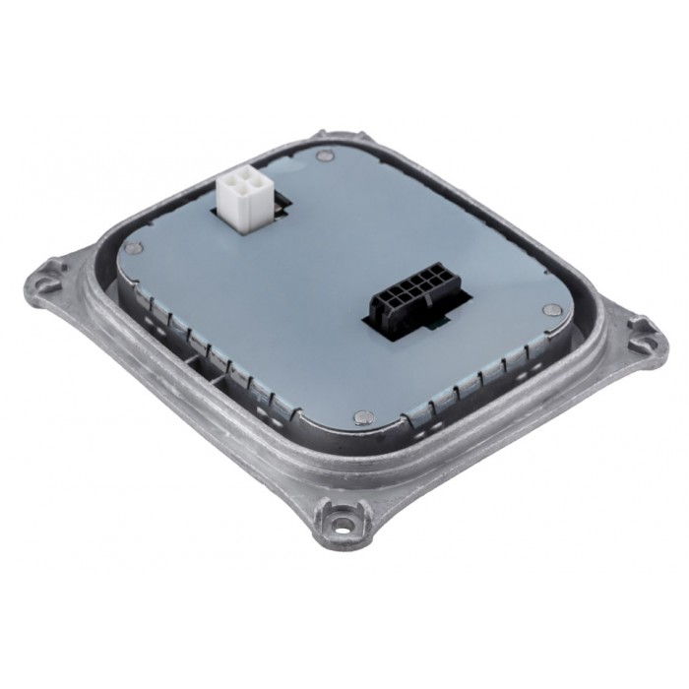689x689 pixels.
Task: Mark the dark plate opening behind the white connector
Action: tap(278, 205)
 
